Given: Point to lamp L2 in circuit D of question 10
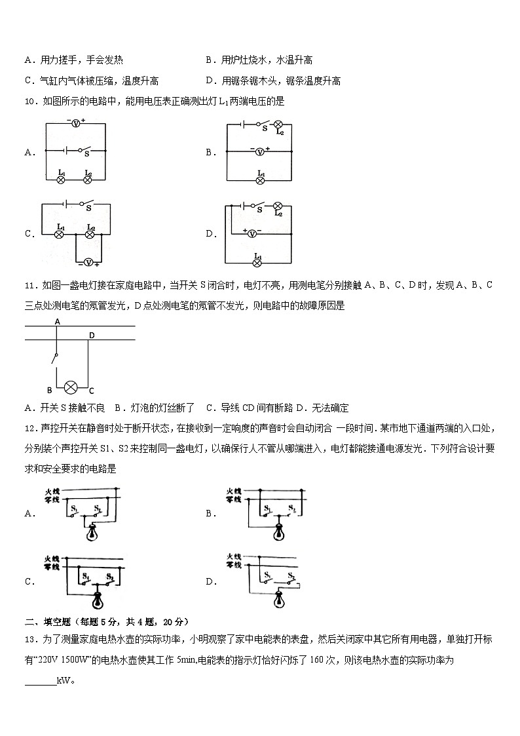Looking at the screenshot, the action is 278,206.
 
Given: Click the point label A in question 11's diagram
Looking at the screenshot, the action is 58,322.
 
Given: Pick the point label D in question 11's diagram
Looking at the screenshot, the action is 92,336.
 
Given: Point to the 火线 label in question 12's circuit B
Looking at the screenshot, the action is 234,491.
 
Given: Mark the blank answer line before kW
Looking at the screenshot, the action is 40,681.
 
